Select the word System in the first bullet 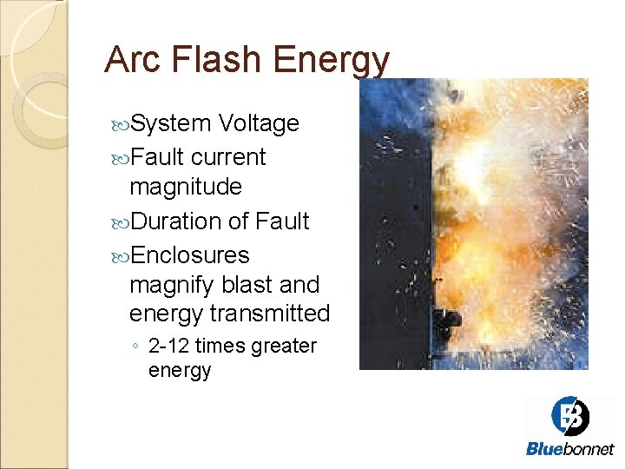170,124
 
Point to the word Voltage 259,123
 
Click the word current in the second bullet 228,157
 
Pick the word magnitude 185,188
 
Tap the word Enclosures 189,255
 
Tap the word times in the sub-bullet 220,346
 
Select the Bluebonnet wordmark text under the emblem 569,449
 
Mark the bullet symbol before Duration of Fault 121,222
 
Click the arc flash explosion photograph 473,224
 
